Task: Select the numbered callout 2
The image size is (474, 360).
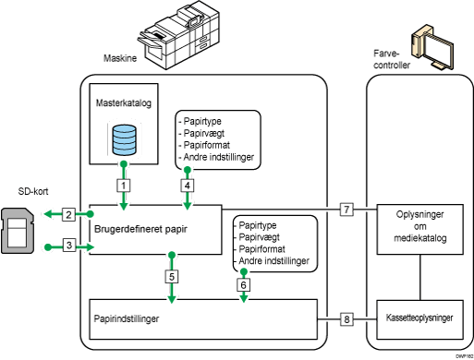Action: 68,215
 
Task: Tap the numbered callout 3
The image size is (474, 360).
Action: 68,245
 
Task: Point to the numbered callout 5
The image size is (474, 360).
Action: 172,275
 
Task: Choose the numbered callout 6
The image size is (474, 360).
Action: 243,285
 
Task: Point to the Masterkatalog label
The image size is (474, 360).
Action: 122,104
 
